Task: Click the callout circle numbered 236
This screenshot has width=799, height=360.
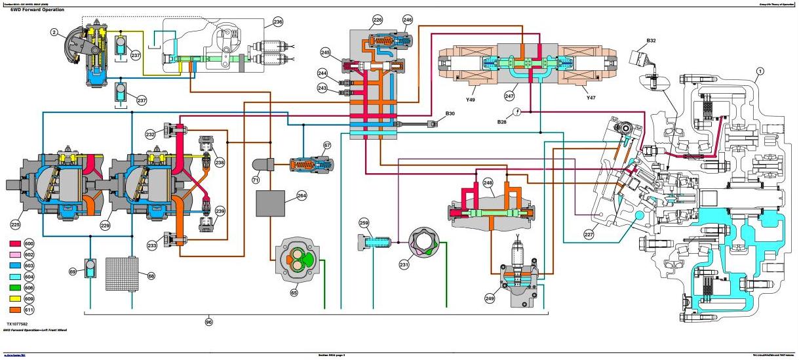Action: click(278, 22)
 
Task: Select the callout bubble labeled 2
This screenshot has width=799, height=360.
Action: click(53, 31)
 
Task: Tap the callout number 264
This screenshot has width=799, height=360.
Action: click(302, 195)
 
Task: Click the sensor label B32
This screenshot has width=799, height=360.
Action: click(651, 41)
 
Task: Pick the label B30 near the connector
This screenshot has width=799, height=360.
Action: click(450, 114)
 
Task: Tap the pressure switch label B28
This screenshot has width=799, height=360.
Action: click(502, 121)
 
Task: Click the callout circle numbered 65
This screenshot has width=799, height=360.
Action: click(294, 293)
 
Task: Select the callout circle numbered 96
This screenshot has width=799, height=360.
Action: click(208, 322)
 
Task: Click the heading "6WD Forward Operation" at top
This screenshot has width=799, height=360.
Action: click(31, 9)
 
